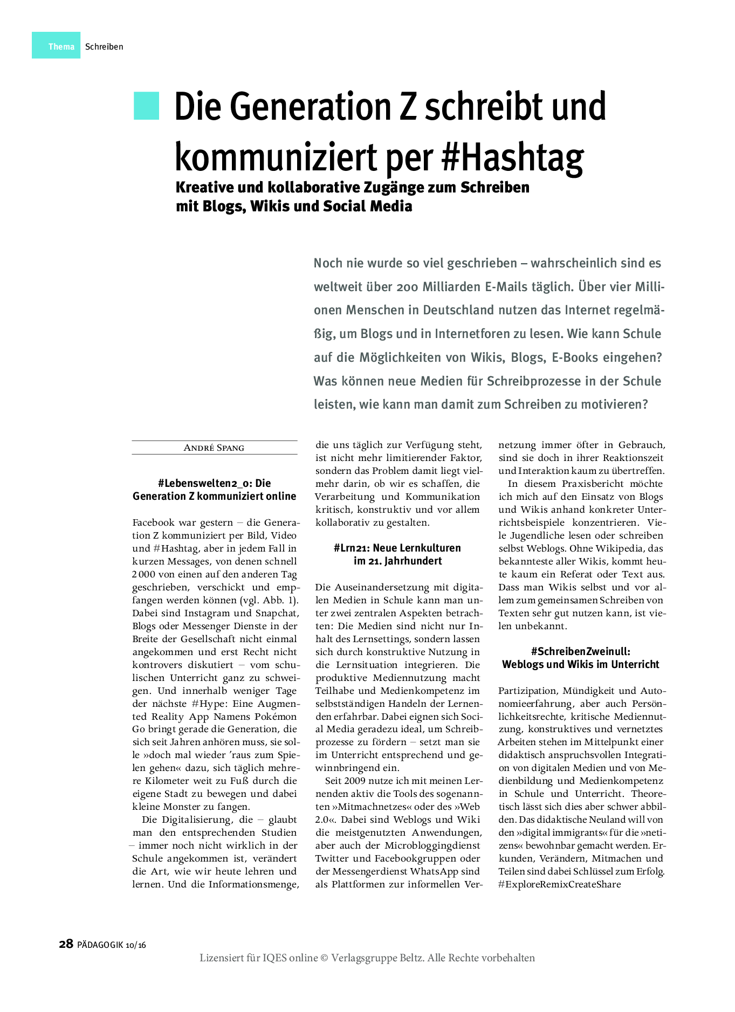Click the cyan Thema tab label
pyautogui.click(x=61, y=46)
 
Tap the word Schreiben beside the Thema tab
pyautogui.click(x=104, y=47)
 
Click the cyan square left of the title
pyautogui.click(x=147, y=106)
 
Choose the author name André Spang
pyautogui.click(x=214, y=448)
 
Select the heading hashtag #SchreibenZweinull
pyautogui.click(x=580, y=651)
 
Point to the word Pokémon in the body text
pyautogui.click(x=276, y=717)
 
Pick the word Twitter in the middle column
pyautogui.click(x=332, y=858)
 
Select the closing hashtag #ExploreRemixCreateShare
pyautogui.click(x=559, y=884)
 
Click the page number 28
pyautogui.click(x=66, y=944)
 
